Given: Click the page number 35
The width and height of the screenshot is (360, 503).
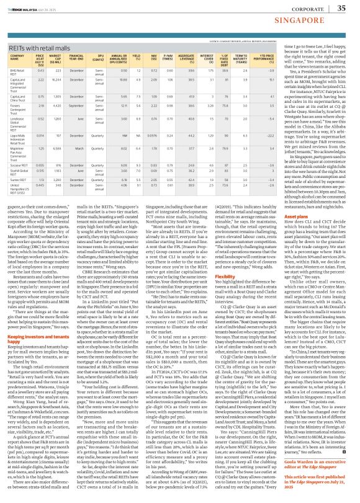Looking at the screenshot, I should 341,7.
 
